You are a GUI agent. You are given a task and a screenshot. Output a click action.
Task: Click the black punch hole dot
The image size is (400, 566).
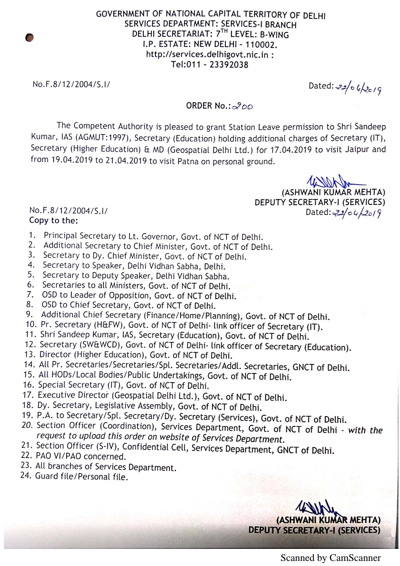click(29, 37)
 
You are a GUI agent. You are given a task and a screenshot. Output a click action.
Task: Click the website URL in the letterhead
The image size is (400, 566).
click(207, 55)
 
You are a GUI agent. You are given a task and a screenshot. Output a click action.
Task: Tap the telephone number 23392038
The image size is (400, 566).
click(228, 65)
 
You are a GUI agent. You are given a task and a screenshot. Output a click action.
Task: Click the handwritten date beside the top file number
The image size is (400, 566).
click(358, 89)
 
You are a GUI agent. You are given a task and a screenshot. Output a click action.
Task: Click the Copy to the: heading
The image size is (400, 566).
click(53, 220)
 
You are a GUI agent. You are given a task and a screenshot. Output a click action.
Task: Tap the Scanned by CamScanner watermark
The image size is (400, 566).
click(330, 558)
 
